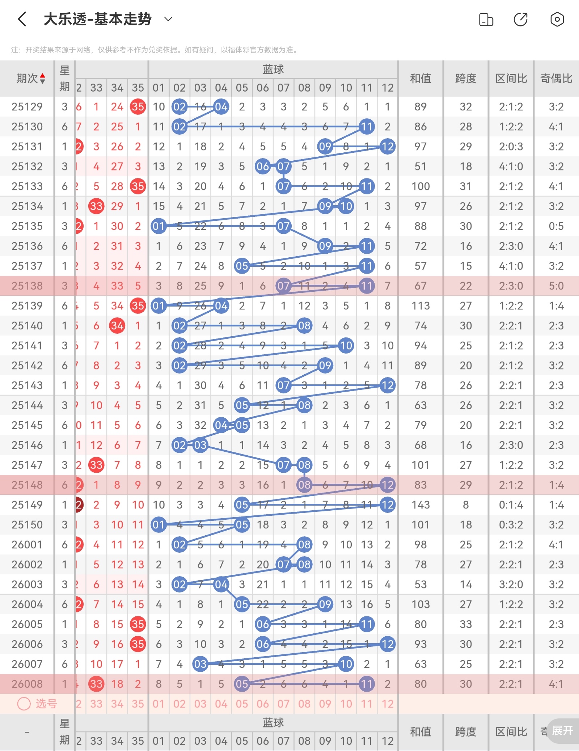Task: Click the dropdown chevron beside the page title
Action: pos(168,19)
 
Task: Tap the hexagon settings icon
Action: pos(557,19)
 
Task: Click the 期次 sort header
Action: pos(31,78)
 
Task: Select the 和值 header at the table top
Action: pos(420,78)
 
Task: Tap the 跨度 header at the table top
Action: pos(466,78)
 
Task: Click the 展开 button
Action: pos(562,730)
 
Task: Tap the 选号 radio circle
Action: pos(24,704)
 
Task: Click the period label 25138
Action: pos(27,286)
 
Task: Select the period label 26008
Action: pos(27,684)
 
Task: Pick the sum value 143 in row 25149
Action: pos(420,505)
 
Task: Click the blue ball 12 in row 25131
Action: pos(388,147)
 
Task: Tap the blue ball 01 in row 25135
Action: pos(159,226)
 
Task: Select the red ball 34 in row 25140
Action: pos(117,326)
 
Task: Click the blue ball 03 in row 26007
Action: pos(200,664)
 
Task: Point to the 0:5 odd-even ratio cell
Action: pos(556,226)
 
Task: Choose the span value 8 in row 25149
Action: pos(466,505)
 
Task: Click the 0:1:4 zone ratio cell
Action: pos(511,505)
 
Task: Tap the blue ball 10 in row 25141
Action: pos(346,346)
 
